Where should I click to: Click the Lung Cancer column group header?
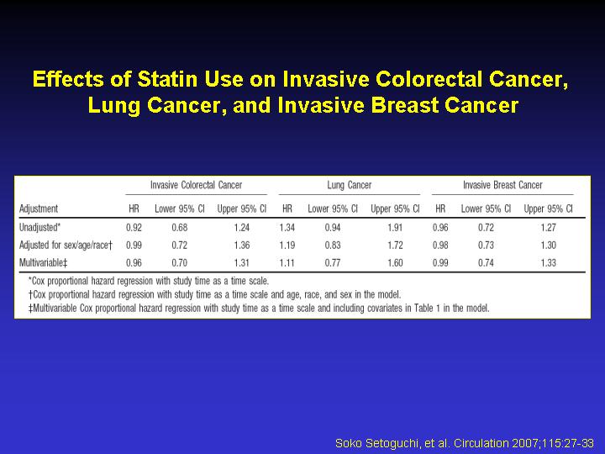click(350, 185)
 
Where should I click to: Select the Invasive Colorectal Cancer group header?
click(196, 185)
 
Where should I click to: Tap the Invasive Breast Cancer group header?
click(502, 185)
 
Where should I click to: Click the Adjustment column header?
click(39, 209)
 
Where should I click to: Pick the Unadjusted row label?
click(39, 227)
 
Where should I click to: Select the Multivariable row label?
click(43, 263)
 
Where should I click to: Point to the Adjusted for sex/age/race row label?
click(66, 245)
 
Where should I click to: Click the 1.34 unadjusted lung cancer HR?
click(287, 227)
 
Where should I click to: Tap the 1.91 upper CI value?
click(395, 227)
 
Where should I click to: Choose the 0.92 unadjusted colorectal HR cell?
click(134, 227)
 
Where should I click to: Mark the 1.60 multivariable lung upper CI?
click(395, 263)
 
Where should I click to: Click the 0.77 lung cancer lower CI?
click(333, 263)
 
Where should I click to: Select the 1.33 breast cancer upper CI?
click(548, 263)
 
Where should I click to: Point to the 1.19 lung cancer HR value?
click(287, 245)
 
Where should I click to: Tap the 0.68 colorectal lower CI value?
click(180, 227)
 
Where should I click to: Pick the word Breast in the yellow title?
click(404, 105)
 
